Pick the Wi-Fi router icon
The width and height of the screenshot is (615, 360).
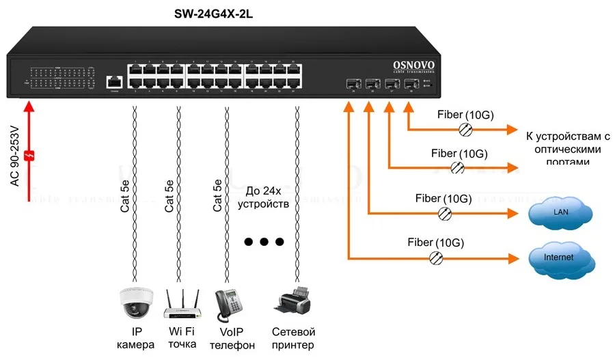181,304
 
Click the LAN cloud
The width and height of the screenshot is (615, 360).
560,213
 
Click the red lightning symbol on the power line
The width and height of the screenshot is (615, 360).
29,156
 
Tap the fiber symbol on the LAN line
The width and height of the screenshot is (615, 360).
445,213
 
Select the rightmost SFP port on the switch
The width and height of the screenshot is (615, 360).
410,85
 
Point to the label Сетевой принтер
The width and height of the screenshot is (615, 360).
293,338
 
